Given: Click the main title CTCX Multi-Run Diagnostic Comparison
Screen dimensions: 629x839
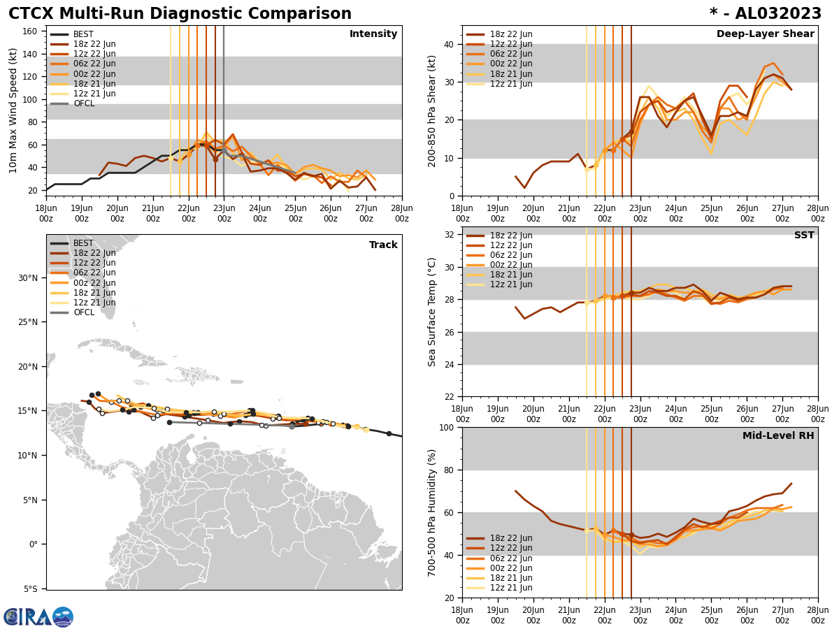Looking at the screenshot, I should [x=180, y=14].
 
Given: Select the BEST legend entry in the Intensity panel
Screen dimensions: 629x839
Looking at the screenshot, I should [x=83, y=34].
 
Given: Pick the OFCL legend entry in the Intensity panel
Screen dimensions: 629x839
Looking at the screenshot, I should [x=83, y=103].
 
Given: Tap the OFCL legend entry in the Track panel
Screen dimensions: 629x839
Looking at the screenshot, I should [x=83, y=312].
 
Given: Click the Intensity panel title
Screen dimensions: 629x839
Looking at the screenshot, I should [x=373, y=34].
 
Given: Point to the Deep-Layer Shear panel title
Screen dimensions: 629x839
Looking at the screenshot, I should [x=765, y=34].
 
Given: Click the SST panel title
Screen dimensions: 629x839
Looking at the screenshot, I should [x=803, y=236].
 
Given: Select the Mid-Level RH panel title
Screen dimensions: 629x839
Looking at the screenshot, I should [x=777, y=436].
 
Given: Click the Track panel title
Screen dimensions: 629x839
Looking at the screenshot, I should [x=383, y=245].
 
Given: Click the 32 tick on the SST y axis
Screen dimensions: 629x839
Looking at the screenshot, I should [x=448, y=234].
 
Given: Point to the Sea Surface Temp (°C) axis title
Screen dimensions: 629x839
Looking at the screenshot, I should [x=432, y=312].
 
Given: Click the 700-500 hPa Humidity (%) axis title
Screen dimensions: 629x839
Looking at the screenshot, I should [x=432, y=512].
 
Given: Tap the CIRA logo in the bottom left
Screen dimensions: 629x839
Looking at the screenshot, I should [x=38, y=616].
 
